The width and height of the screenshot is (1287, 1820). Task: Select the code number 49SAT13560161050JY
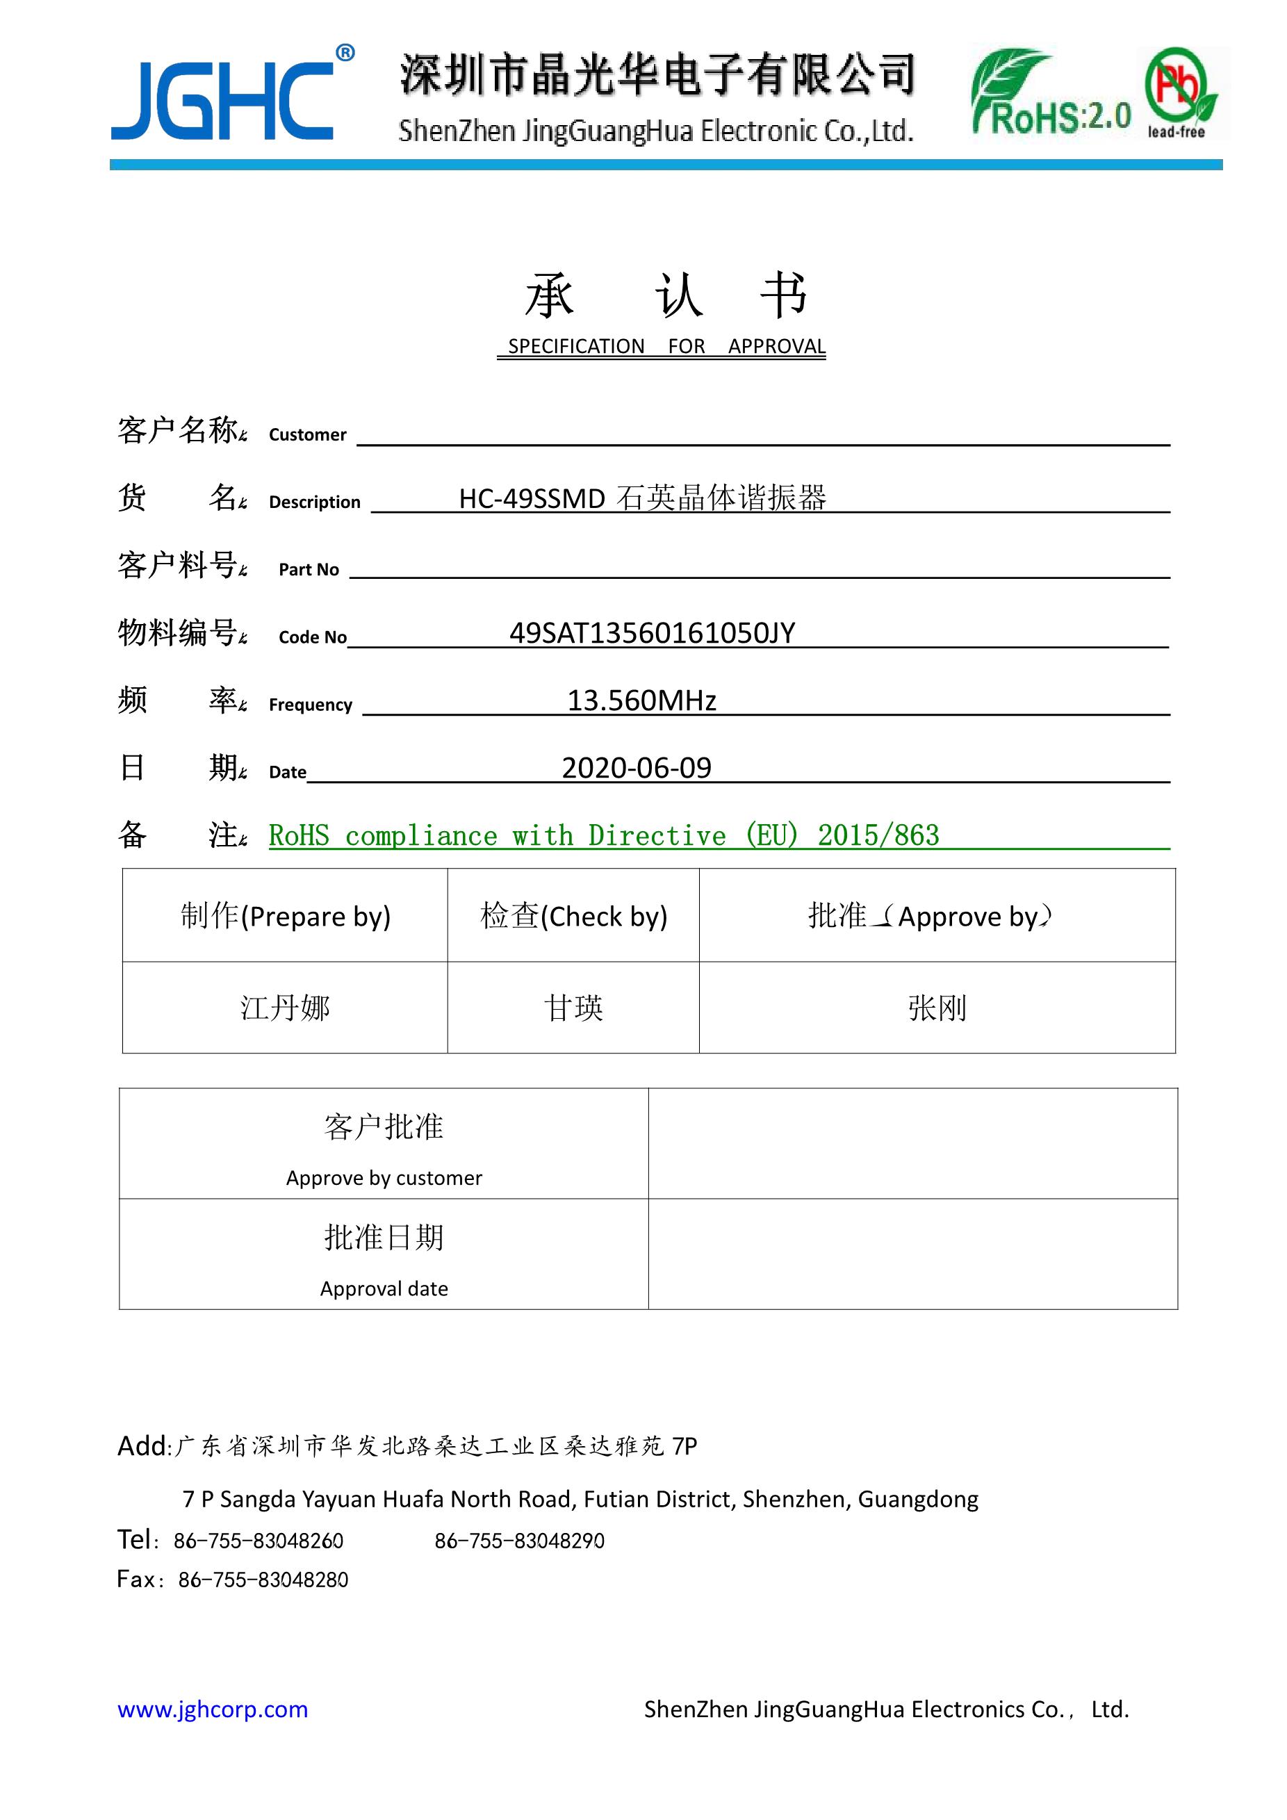tap(651, 633)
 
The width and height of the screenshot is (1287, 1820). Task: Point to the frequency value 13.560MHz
tap(641, 700)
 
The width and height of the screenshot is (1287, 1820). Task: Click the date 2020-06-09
tap(637, 768)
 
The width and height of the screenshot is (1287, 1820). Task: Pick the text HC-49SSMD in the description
tap(532, 498)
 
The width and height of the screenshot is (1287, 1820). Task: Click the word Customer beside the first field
tap(307, 434)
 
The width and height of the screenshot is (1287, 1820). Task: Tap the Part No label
tap(309, 569)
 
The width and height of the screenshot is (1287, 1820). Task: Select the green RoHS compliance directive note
tap(603, 835)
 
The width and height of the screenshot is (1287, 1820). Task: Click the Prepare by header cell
tap(286, 915)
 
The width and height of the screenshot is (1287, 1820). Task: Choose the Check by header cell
tap(573, 915)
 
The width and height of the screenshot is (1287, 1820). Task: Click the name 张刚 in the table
tap(937, 1008)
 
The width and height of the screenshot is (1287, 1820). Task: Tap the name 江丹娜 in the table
tap(286, 1008)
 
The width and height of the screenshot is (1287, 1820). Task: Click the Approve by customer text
tap(384, 1178)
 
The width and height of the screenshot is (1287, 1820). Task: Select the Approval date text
tap(384, 1289)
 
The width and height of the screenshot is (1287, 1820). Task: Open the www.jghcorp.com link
tap(213, 1710)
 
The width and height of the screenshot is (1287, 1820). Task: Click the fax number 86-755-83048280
tap(263, 1580)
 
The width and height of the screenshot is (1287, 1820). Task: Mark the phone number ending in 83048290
tap(519, 1541)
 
